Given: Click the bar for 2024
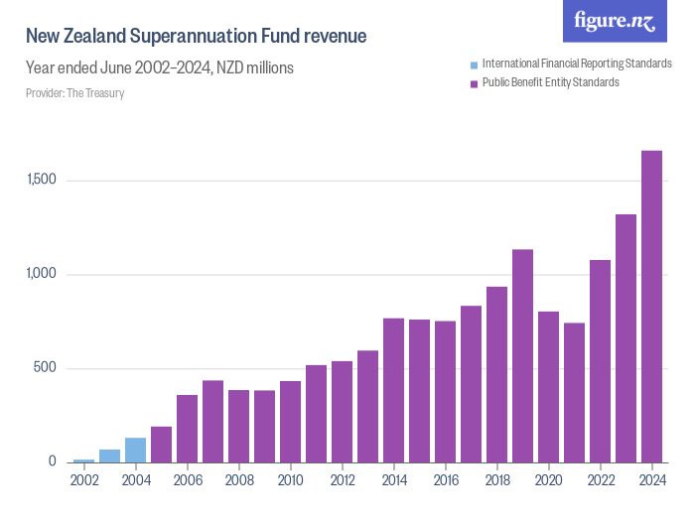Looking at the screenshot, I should (651, 307).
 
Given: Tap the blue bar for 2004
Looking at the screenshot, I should (135, 450).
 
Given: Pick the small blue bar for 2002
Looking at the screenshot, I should (83, 460).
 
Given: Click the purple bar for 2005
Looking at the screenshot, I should (161, 445).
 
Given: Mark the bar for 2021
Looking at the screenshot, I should (574, 392).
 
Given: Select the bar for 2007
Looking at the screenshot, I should (212, 421).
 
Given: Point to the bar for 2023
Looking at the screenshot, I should (625, 338).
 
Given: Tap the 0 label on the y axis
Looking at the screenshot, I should (54, 462).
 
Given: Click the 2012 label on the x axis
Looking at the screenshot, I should (342, 481).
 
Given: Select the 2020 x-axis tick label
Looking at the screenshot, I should (548, 481).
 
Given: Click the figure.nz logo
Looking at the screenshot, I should (615, 22).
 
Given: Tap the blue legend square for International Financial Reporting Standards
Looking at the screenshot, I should (474, 65).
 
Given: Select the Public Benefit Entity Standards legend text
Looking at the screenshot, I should (550, 82).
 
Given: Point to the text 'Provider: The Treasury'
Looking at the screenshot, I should (74, 93).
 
